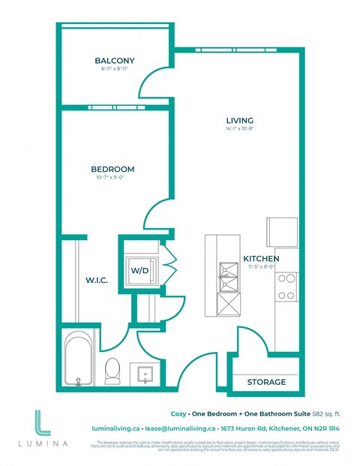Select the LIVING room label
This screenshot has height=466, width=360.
tap(240, 120)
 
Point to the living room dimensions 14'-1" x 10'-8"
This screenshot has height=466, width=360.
tap(240, 129)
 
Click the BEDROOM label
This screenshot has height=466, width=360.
tap(112, 169)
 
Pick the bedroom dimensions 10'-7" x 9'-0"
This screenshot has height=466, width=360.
tap(112, 178)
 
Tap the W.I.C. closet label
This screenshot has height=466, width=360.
tap(97, 280)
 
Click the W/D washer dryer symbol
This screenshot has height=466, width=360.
tap(139, 270)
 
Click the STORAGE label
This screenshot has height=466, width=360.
tap(266, 382)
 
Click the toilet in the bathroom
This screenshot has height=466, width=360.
tap(113, 368)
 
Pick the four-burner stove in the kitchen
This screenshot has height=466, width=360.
tap(287, 286)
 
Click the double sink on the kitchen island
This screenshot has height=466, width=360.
tap(226, 277)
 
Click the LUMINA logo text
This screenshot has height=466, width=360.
tap(43, 443)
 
